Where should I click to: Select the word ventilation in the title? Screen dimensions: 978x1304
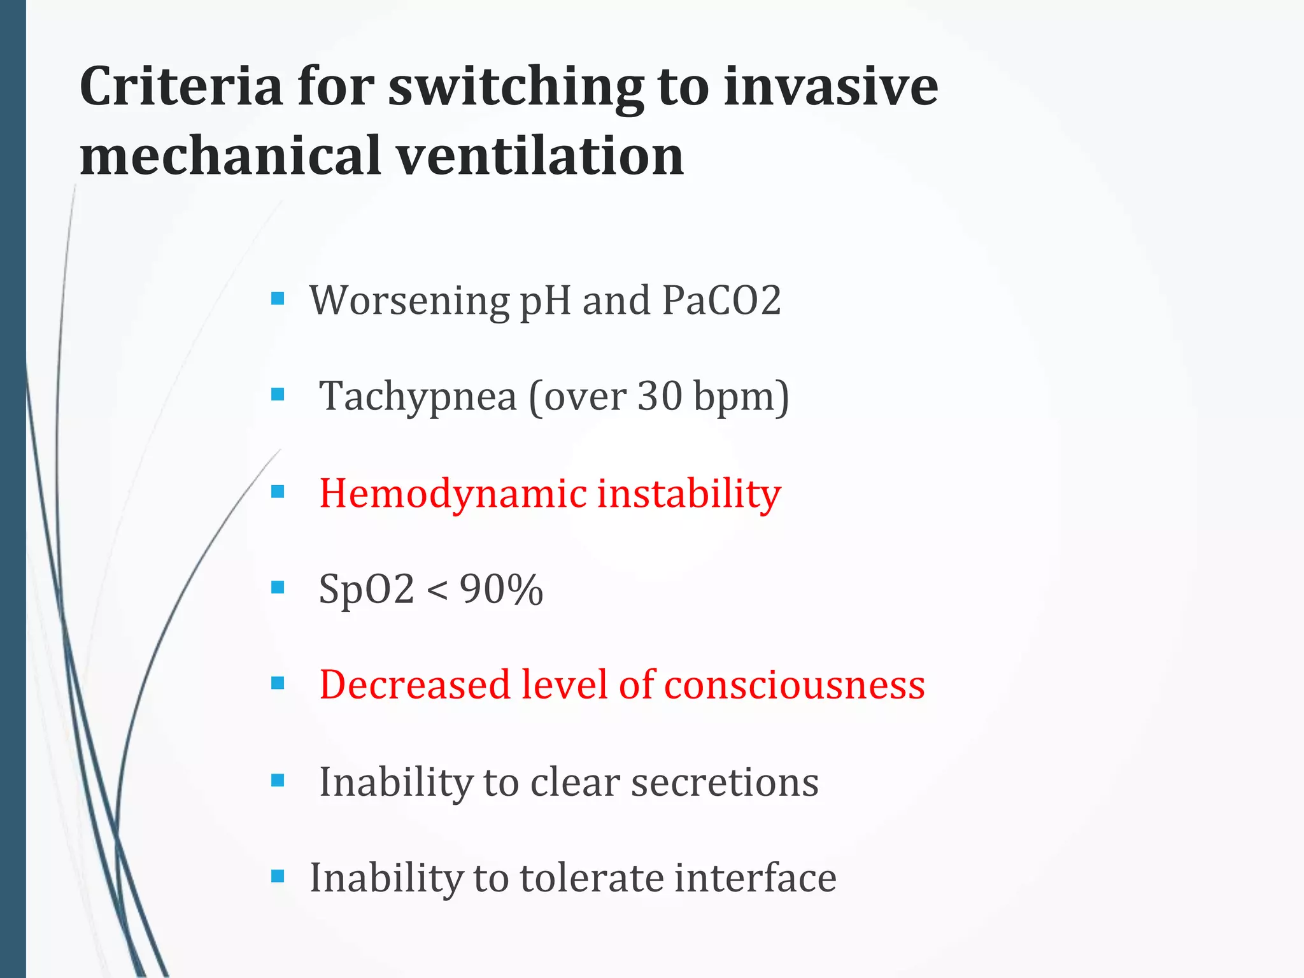tap(541, 156)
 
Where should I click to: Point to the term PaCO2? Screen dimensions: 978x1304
tap(721, 300)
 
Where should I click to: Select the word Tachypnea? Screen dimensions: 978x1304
tap(418, 396)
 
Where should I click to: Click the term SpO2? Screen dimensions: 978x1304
tap(366, 589)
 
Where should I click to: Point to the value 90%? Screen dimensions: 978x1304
tap(501, 589)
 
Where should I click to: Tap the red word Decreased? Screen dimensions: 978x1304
tap(415, 685)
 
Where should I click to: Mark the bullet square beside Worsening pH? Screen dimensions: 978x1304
tap(278, 298)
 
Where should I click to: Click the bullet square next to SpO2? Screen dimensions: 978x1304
tap(278, 587)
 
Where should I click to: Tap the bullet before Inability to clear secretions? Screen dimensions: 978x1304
tap(278, 780)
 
